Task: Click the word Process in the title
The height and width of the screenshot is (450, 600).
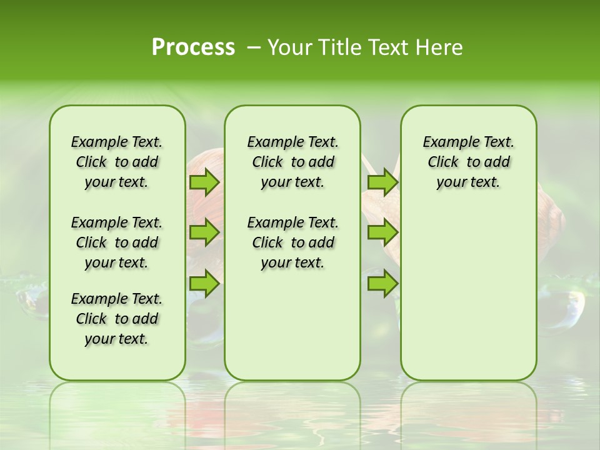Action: pos(193,47)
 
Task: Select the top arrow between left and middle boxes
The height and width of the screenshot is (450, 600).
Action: pos(204,182)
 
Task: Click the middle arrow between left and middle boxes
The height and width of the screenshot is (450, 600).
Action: pos(204,232)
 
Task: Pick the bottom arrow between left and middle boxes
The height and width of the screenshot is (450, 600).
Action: pos(204,283)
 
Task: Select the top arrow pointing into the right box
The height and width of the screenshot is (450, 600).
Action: pos(382,182)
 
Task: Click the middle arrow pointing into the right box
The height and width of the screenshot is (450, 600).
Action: pos(382,232)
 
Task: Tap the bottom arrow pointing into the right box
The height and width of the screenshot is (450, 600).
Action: pos(382,283)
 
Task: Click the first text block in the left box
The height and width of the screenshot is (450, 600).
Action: pos(117,162)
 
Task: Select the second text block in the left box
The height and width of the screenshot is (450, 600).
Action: pos(117,242)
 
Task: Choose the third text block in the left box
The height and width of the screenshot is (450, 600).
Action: pos(117,319)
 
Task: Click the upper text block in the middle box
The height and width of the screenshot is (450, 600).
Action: pos(292,162)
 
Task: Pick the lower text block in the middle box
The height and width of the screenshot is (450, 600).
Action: pos(292,242)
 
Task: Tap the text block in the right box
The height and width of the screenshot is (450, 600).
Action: pos(468,162)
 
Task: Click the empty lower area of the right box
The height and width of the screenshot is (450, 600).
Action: pos(468,294)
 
